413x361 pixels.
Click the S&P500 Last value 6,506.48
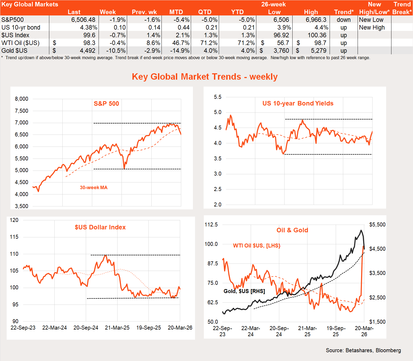point(83,20)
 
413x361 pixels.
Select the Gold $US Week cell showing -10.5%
point(116,51)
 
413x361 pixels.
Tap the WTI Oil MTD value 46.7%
point(180,43)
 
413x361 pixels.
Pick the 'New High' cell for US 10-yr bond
point(372,27)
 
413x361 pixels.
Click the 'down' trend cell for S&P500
point(343,20)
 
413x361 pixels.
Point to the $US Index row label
point(15,35)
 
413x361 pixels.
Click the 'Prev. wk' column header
point(144,12)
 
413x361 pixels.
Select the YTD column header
point(237,12)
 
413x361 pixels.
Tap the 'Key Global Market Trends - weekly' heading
point(205,77)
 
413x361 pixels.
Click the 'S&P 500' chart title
point(106,104)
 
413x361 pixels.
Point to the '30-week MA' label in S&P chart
point(94,188)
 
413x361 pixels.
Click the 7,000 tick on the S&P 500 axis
point(22,123)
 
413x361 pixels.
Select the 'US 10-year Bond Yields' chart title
point(298,103)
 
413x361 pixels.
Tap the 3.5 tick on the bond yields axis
point(217,159)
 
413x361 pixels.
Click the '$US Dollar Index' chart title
point(100,227)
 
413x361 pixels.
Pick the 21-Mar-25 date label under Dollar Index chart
point(117,328)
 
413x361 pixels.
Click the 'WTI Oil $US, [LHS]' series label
point(257,246)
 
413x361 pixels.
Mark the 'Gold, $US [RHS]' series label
point(244,291)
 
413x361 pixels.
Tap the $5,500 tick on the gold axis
point(377,225)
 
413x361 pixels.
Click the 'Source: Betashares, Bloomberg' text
point(363,350)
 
